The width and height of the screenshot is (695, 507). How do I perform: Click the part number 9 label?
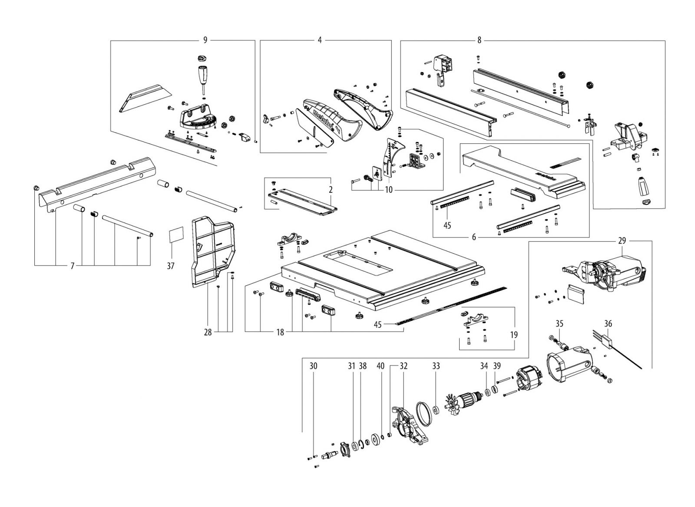point(205,40)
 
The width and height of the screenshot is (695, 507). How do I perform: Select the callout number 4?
point(320,40)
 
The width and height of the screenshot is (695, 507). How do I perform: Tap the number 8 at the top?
point(479,40)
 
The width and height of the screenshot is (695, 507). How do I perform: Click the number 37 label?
point(171,266)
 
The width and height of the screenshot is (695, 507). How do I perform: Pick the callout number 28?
point(208,333)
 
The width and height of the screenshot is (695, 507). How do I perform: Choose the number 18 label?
point(280,333)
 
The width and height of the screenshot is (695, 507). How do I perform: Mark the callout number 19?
point(514,335)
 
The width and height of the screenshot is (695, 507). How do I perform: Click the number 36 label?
point(608,323)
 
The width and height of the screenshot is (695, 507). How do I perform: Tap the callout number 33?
point(436,366)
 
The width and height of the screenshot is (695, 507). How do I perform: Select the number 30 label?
point(313,366)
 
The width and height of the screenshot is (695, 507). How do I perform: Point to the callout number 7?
point(73,266)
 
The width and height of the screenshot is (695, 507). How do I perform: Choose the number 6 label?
point(474,237)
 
